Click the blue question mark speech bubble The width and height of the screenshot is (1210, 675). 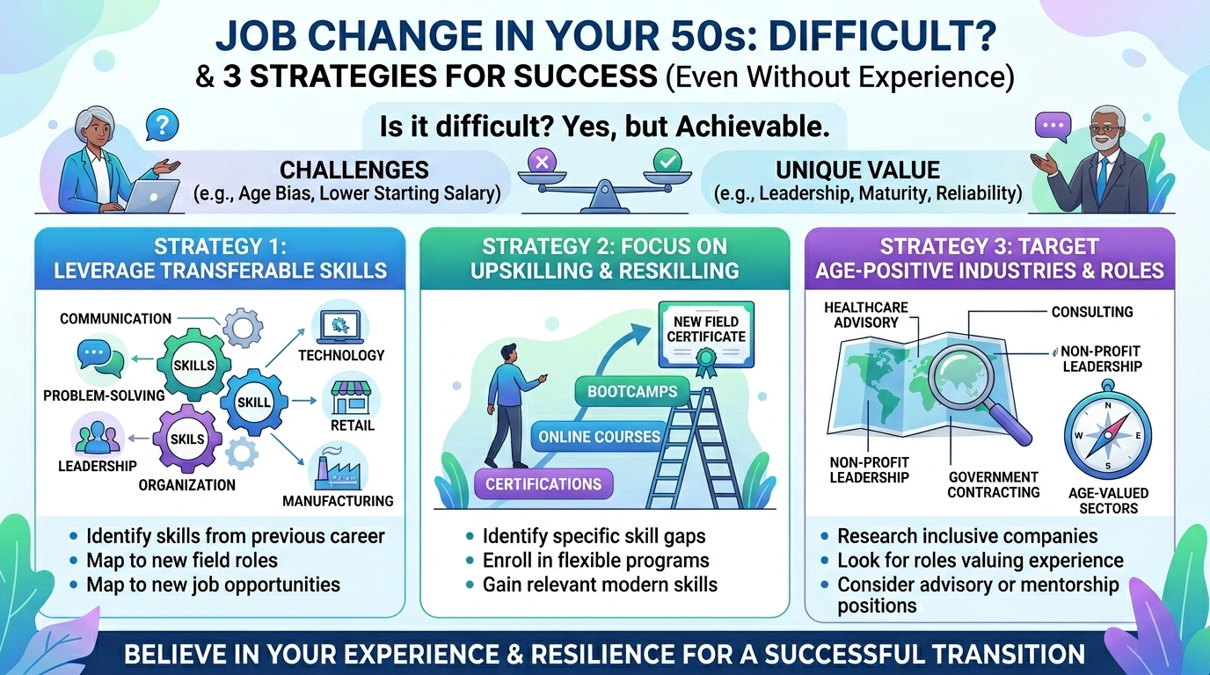coord(162,125)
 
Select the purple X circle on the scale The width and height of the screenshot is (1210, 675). coord(542,162)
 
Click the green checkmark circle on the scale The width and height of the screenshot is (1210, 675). coord(667,160)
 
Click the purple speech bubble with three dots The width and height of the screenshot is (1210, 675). coord(1053,127)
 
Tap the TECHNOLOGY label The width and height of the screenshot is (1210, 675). coord(341,355)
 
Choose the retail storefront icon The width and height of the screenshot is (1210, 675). coord(351,398)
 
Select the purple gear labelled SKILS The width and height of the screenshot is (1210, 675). coord(187,439)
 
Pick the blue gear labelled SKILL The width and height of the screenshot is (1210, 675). coord(254,403)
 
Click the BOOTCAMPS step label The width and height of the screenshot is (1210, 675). coord(632,391)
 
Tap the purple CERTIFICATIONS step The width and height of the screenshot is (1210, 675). coord(543,484)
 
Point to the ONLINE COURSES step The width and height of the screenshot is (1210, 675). coord(599,436)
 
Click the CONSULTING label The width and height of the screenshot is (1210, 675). coord(1091,312)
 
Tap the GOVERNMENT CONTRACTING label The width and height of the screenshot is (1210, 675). coord(994,484)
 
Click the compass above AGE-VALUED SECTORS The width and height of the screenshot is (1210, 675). coord(1108,435)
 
